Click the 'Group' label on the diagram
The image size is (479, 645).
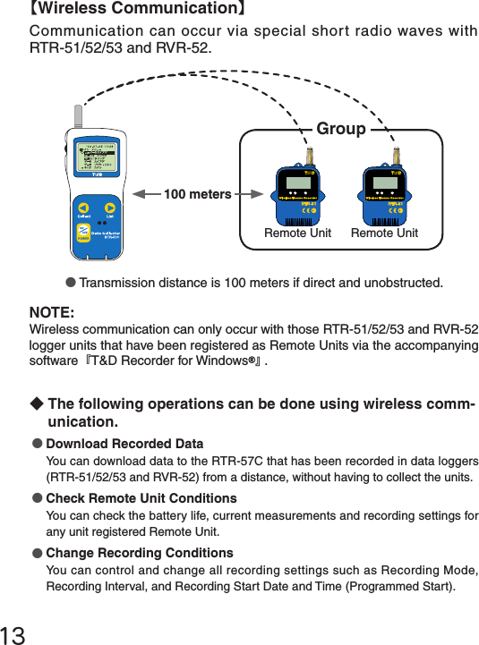(x=340, y=129)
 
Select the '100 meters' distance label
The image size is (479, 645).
(x=197, y=194)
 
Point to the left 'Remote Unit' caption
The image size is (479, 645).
(x=297, y=233)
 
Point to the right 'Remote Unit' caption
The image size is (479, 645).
(x=384, y=233)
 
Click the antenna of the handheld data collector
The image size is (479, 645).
(x=79, y=117)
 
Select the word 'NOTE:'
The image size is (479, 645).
(x=52, y=312)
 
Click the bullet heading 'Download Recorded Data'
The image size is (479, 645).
(x=124, y=445)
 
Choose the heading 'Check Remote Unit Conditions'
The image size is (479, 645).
(x=141, y=498)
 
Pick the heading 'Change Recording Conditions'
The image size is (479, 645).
(x=139, y=553)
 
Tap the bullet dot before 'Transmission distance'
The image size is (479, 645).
(x=71, y=284)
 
